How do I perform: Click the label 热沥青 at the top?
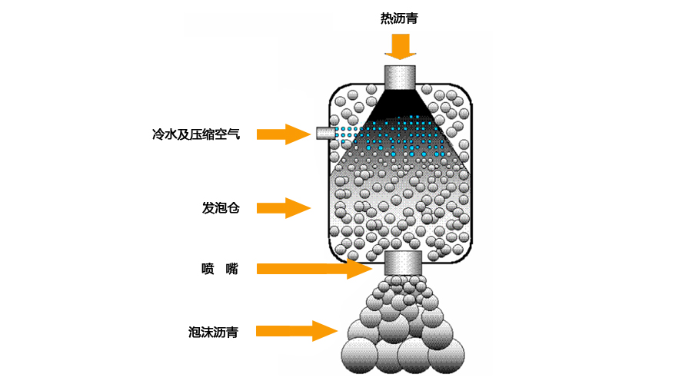click(x=399, y=18)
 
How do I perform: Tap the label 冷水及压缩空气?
click(x=196, y=134)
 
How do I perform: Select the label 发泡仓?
click(x=221, y=207)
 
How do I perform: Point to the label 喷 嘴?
click(x=219, y=269)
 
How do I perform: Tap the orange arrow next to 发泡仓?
click(x=283, y=207)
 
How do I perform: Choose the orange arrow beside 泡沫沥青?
click(x=296, y=331)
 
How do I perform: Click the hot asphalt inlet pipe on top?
click(x=400, y=77)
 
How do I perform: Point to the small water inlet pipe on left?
click(x=324, y=134)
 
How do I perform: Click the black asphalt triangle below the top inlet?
click(x=399, y=101)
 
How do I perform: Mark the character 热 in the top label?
click(x=386, y=18)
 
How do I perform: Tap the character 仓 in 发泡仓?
click(x=234, y=207)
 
